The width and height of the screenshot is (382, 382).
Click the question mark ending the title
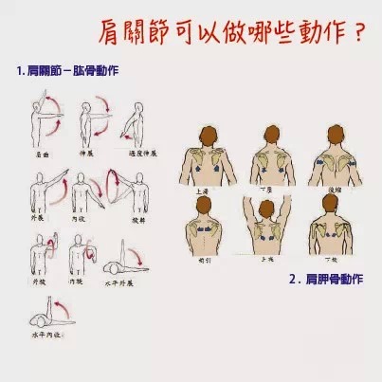(357, 35)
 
